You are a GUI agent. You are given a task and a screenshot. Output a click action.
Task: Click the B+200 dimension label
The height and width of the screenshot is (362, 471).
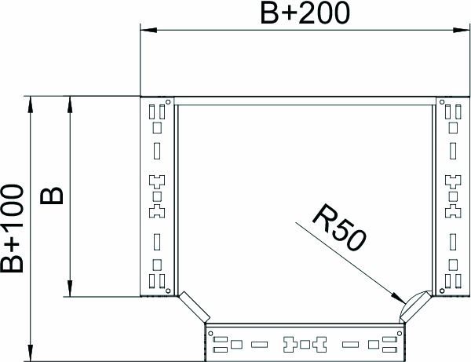(x=300, y=13)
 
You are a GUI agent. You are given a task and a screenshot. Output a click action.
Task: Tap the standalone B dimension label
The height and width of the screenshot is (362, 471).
(x=52, y=196)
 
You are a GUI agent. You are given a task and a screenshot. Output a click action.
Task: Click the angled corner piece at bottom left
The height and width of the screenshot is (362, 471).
(x=193, y=305)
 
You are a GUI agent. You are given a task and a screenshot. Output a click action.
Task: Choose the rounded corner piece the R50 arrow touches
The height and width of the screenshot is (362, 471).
(x=414, y=305)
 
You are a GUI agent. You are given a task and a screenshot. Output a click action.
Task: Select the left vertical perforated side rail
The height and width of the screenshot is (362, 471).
(x=158, y=196)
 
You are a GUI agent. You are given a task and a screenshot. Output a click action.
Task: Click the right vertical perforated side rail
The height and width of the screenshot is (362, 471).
(x=451, y=196)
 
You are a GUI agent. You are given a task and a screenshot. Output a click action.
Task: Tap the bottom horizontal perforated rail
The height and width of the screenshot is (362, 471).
(x=305, y=342)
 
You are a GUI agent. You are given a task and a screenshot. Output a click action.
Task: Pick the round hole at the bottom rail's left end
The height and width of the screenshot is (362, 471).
(x=211, y=331)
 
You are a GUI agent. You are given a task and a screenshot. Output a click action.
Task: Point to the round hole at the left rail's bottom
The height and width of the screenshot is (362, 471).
(x=168, y=291)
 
